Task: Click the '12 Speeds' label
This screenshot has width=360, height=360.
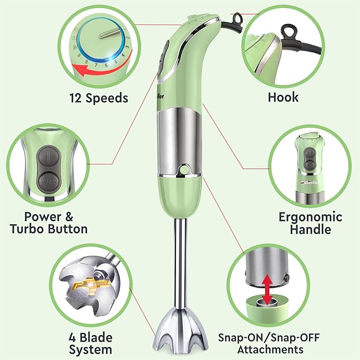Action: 99,98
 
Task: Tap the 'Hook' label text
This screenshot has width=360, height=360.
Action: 283,97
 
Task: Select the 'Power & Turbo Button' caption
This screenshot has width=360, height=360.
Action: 49,223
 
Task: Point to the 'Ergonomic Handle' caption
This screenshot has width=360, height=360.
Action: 310,223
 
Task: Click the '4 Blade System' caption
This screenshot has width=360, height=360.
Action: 91,344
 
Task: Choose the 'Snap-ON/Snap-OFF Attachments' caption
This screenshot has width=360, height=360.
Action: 269,344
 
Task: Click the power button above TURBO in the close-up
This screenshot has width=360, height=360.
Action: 49,157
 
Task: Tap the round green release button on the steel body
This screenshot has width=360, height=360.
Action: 184,170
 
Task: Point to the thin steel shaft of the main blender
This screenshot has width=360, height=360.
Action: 180,264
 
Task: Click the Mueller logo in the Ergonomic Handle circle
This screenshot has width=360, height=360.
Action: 309,182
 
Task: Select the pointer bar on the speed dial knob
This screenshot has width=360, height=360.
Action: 109,33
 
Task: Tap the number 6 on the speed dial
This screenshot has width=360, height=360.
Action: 106,65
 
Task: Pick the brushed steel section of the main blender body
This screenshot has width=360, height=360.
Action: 180,142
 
